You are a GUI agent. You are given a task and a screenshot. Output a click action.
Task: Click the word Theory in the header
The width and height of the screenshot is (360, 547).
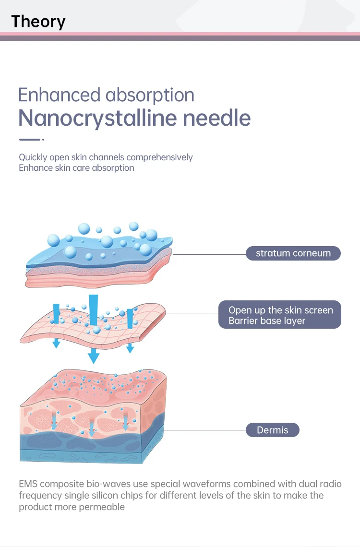[x=38, y=22]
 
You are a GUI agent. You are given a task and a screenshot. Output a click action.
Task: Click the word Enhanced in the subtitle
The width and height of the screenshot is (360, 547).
[x=59, y=95]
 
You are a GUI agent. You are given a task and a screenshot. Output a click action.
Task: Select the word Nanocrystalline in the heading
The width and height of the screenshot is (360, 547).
[x=96, y=118]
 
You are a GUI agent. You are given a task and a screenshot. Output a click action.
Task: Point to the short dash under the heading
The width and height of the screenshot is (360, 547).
[x=30, y=140]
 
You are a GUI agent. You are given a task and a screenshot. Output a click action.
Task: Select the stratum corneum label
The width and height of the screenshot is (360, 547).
[x=293, y=253]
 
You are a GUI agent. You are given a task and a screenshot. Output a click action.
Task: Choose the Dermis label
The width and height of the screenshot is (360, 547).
[x=272, y=430]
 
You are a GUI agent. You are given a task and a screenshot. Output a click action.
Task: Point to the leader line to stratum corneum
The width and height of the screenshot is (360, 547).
[x=209, y=254]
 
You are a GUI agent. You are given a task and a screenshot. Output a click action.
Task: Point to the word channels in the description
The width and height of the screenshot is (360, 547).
[x=105, y=157]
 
